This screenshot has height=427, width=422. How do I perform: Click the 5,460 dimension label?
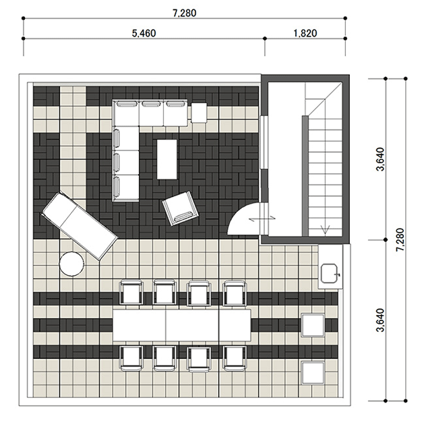[144, 33]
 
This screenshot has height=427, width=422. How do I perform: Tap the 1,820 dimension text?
[305, 33]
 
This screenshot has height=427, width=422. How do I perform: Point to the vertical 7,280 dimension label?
[400, 239]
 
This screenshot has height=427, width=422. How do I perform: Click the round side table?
[71, 264]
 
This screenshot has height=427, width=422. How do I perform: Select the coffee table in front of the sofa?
[167, 159]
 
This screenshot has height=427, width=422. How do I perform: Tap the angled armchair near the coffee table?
[180, 208]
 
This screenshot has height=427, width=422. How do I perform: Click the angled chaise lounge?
[79, 226]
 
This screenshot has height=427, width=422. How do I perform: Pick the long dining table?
[181, 325]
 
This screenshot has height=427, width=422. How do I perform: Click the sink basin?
[330, 273]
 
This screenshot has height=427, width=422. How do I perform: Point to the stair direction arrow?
[325, 229]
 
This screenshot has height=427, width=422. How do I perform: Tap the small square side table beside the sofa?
[199, 113]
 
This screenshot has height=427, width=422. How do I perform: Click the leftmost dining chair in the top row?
[131, 293]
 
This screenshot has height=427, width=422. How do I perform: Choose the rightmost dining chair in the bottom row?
[235, 358]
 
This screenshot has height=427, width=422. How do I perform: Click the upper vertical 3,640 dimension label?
[380, 159]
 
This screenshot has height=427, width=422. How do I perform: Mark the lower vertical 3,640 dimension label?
[380, 320]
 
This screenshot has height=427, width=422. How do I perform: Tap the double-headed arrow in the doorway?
[262, 218]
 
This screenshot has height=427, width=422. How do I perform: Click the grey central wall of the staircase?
[305, 176]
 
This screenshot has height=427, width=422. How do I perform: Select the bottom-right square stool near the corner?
[313, 372]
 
